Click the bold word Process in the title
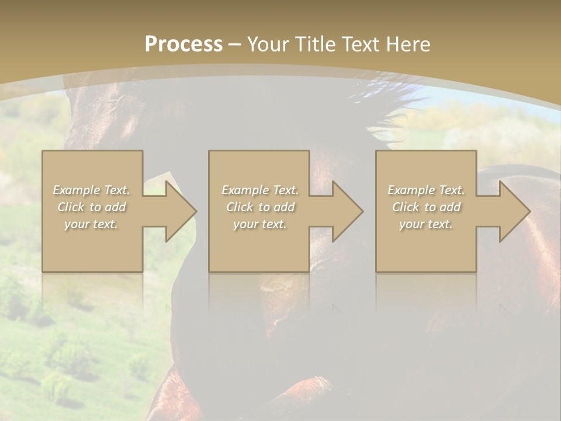[183, 44]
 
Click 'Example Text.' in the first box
[92, 190]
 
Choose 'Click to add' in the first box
[92, 207]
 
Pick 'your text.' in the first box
[92, 224]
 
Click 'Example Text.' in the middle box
[260, 190]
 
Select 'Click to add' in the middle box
[260, 207]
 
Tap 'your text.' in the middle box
[260, 224]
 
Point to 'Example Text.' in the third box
[426, 190]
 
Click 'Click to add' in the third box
[426, 207]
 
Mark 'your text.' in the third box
[426, 224]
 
